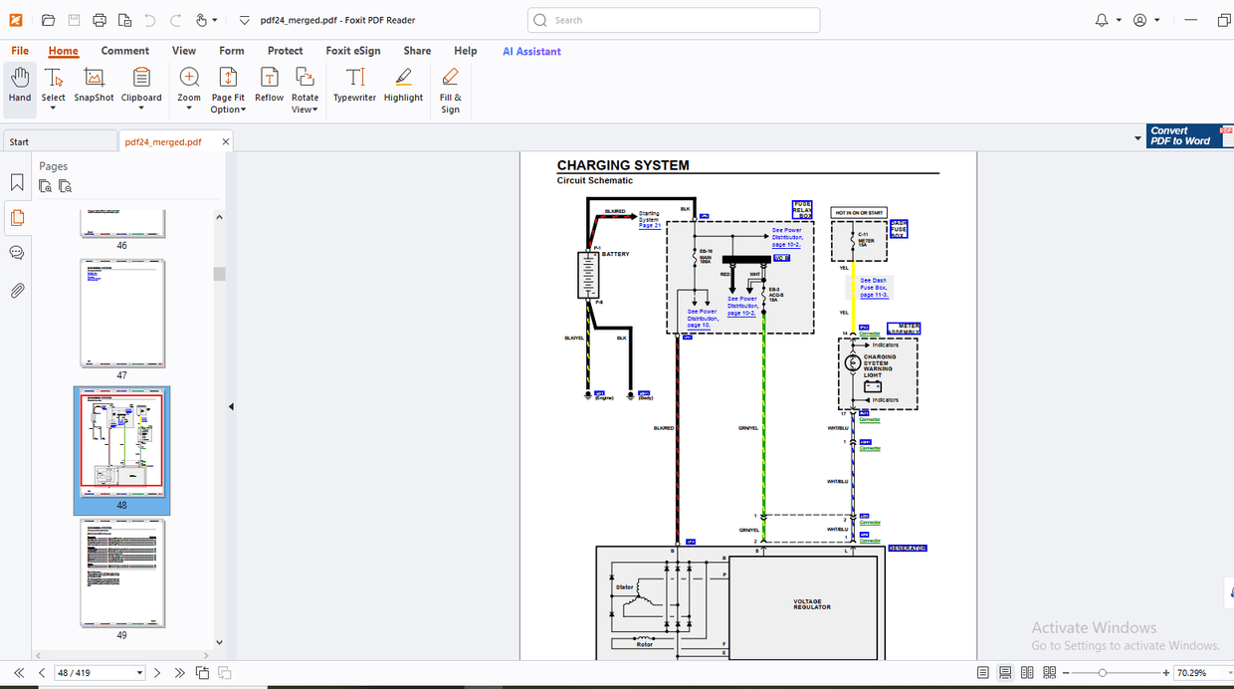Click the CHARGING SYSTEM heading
pos(623,165)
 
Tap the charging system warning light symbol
pos(853,363)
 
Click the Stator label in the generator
pos(624,587)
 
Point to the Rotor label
pos(645,644)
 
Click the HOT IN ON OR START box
pos(859,212)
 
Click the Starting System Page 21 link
pos(649,219)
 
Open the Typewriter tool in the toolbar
pos(354,86)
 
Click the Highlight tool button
pos(403,86)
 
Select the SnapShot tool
pos(94,86)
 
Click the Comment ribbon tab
pos(125,51)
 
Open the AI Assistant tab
pos(531,51)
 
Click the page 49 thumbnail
pos(121,573)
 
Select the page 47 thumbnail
pos(121,314)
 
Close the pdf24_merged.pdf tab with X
pos(226,141)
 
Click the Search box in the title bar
pos(674,20)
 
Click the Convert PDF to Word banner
pos(1183,136)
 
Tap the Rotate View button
pos(305,90)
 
